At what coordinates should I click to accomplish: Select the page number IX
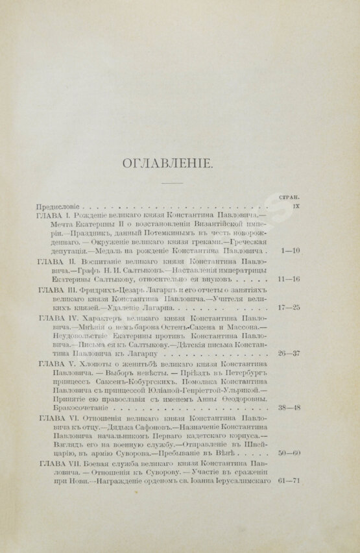click(295, 204)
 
